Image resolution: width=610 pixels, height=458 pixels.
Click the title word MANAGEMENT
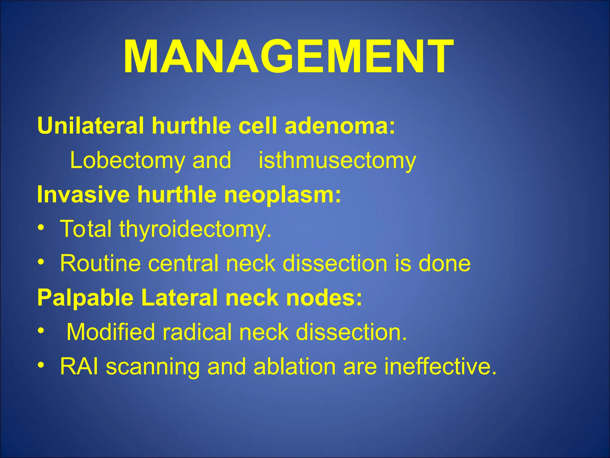coord(288,57)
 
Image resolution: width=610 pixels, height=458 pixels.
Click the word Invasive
coord(83,194)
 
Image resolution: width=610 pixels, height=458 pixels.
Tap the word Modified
coord(111,332)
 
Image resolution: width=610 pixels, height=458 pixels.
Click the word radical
coord(197,332)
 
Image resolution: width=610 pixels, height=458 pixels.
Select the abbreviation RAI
coord(79,366)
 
